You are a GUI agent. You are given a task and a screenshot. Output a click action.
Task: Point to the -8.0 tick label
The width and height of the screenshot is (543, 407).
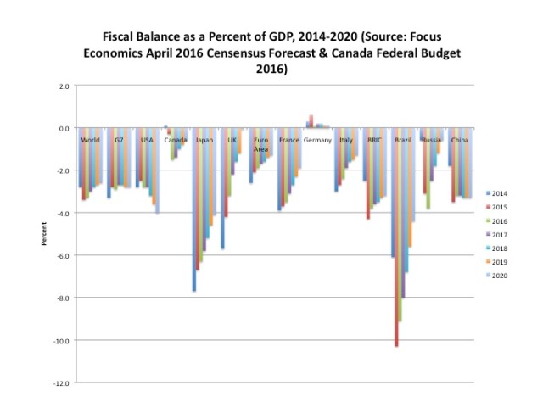point(62,298)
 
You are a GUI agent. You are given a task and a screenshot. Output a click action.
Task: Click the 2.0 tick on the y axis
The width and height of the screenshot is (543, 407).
point(64,86)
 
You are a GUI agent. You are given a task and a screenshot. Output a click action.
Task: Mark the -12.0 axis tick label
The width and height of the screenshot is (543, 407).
point(60,383)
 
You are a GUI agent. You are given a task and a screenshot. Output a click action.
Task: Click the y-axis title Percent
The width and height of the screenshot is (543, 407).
point(43,235)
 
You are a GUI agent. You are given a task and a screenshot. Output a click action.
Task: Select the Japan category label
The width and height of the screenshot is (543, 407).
point(204,139)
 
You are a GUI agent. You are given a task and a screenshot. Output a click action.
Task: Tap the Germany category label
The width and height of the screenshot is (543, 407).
point(317,139)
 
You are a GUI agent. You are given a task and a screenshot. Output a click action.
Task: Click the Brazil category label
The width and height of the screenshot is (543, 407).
point(403,139)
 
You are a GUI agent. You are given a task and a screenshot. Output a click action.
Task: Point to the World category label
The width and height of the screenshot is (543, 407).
point(90,139)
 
